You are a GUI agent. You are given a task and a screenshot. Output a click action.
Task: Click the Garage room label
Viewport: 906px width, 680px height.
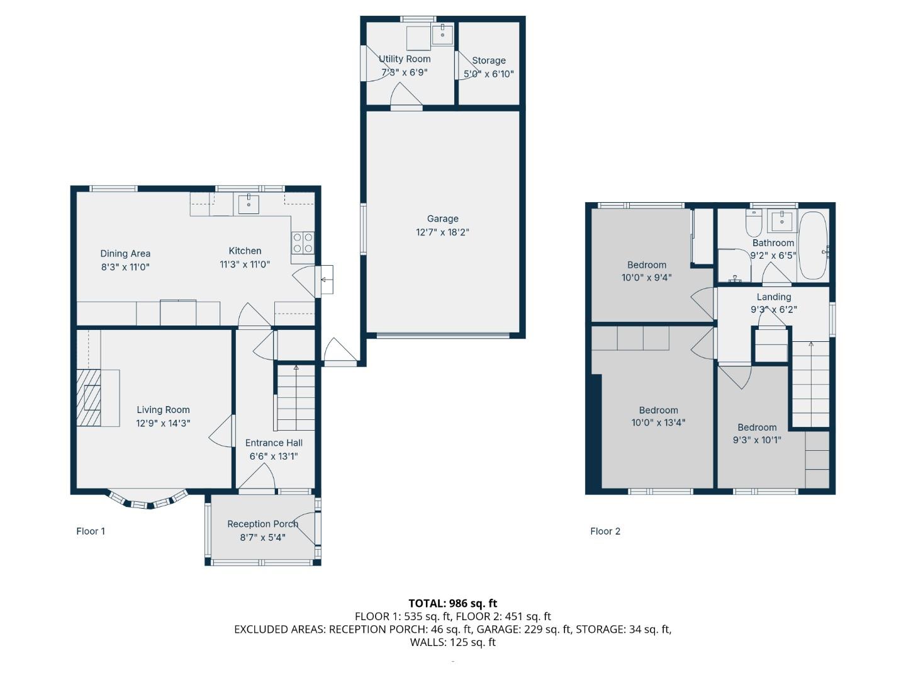pos(442,218)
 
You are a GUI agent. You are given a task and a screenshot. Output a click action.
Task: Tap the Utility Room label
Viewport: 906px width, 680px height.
pos(405,59)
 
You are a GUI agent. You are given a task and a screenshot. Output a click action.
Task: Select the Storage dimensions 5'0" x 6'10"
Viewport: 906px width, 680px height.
pos(489,74)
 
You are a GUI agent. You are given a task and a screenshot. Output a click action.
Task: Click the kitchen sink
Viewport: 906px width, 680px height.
pos(249,204)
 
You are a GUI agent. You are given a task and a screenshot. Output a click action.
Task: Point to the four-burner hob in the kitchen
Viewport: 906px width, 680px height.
pos(303,243)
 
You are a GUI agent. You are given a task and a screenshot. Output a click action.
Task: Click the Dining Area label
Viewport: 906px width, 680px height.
pos(125,254)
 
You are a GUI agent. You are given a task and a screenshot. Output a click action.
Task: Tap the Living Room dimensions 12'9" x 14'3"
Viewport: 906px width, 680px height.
pos(163,423)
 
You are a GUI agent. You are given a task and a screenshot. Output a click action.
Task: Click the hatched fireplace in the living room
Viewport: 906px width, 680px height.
pos(89,397)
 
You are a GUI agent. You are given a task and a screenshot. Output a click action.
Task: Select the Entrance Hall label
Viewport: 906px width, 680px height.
pos(274,443)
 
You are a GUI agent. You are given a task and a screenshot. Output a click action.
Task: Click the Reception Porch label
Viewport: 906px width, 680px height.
pos(262,524)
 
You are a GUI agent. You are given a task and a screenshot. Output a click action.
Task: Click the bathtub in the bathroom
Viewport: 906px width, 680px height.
pos(814,246)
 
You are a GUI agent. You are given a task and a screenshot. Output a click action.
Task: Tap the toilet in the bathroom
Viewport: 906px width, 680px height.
pos(754,222)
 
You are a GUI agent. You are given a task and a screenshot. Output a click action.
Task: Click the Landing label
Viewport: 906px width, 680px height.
pos(773,297)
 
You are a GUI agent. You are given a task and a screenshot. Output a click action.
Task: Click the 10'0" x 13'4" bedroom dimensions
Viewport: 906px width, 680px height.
pos(658,422)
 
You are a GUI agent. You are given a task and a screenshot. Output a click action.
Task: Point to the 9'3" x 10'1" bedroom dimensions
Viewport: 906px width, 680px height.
pos(757,440)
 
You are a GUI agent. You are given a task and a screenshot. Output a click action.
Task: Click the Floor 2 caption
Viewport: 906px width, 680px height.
pos(605,531)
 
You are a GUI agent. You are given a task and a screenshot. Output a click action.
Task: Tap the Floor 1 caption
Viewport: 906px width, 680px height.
pos(91,531)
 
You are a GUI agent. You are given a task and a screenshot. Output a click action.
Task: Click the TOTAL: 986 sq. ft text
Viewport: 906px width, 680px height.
pos(453,604)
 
